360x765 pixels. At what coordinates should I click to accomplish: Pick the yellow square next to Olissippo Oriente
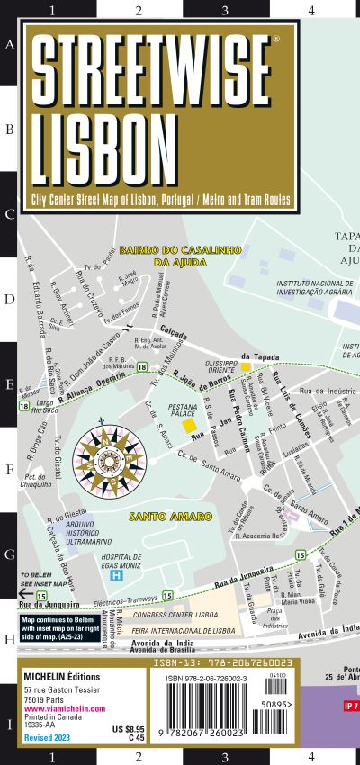click(246, 366)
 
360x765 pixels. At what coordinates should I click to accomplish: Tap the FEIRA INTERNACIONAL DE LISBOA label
click(194, 631)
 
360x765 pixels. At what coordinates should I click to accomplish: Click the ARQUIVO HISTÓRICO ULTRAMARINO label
click(92, 535)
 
